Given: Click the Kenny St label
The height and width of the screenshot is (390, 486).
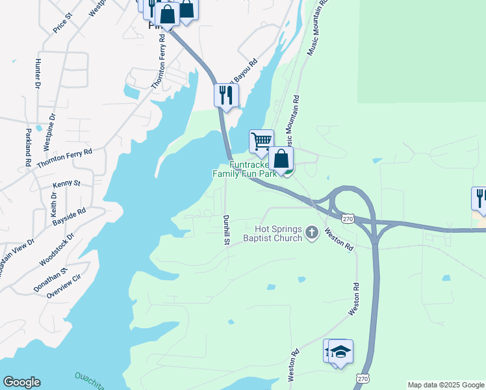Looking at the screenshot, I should click(x=66, y=184).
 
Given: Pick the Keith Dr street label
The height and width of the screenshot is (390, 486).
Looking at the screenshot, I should click(x=54, y=205).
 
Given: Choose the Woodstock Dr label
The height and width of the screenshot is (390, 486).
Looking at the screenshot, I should click(x=57, y=250).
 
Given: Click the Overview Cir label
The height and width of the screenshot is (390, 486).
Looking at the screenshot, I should click(x=63, y=285).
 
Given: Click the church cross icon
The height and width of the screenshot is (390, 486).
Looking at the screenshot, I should click(x=312, y=233).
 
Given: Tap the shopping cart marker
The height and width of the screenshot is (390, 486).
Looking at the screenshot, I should click(x=261, y=141).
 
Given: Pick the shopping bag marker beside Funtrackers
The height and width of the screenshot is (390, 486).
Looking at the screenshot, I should click(x=281, y=158).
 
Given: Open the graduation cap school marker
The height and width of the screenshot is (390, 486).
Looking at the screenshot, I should click(x=340, y=351).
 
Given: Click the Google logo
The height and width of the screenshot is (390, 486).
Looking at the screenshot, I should click(x=21, y=382).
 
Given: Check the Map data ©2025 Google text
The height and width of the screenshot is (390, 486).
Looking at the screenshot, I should click(x=446, y=385).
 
